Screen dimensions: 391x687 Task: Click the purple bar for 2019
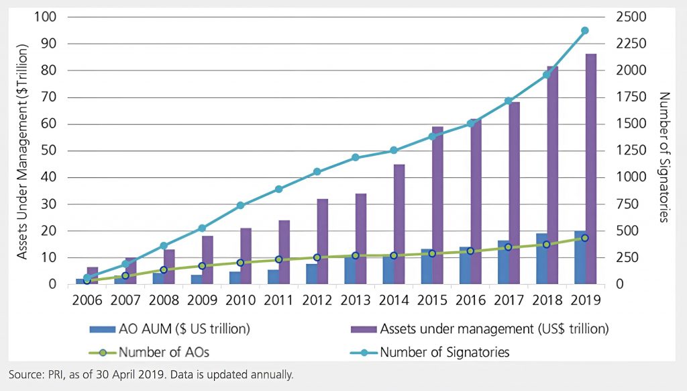[591, 168]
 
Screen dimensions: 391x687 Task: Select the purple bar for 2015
[437, 205]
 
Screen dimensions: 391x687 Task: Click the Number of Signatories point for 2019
[584, 31]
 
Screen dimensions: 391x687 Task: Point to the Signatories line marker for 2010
[240, 205]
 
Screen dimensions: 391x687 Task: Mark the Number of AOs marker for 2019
[584, 238]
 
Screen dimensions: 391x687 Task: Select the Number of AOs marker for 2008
[163, 269]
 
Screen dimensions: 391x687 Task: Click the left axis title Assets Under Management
[21, 151]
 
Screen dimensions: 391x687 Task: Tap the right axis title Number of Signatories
[664, 157]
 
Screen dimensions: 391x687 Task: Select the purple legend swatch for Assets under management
[362, 329]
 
